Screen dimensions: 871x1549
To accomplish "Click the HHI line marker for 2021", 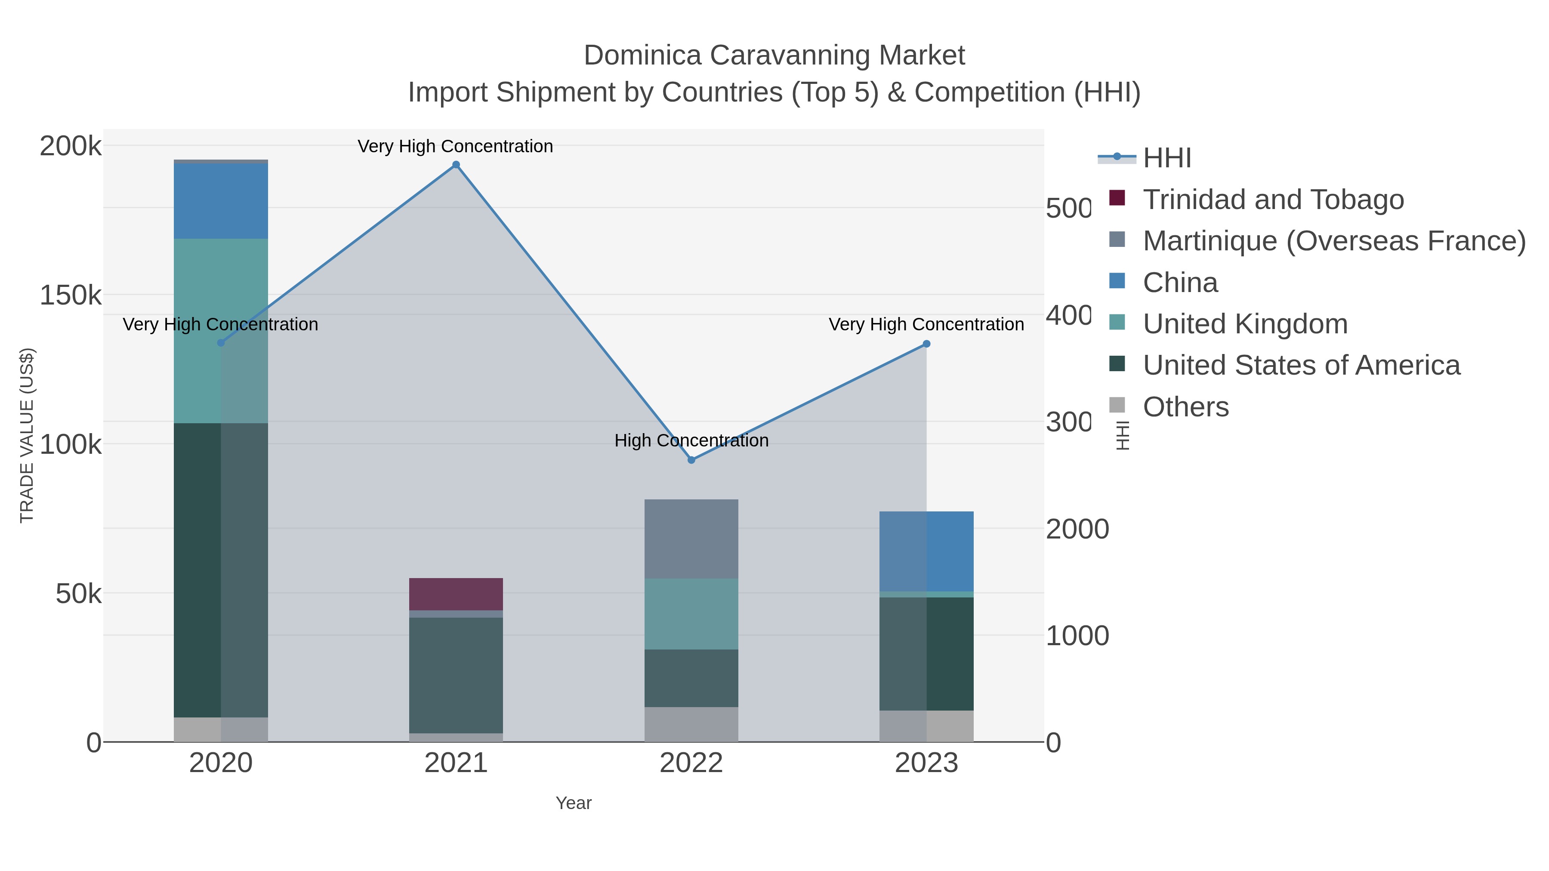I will pyautogui.click(x=456, y=165).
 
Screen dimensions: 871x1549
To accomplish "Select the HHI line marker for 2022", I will pyautogui.click(x=691, y=460).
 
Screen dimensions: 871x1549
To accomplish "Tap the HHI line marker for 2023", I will pyautogui.click(x=926, y=344).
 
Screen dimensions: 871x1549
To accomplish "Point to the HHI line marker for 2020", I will pyautogui.click(x=221, y=343).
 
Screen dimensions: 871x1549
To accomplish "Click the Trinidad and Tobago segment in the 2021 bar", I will pyautogui.click(x=456, y=594).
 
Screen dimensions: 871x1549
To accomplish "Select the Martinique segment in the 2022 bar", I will pyautogui.click(x=691, y=539).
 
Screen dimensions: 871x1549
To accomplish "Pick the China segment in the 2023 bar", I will pyautogui.click(x=926, y=551).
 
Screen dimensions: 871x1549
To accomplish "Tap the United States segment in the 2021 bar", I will pyautogui.click(x=456, y=674).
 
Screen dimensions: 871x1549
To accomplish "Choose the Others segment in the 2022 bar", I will pyautogui.click(x=691, y=724).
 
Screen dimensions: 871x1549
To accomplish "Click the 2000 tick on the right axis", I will pyautogui.click(x=1077, y=529).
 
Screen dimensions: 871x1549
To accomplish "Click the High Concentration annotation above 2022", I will pyautogui.click(x=691, y=440).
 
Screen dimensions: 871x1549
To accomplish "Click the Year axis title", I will pyautogui.click(x=573, y=803).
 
